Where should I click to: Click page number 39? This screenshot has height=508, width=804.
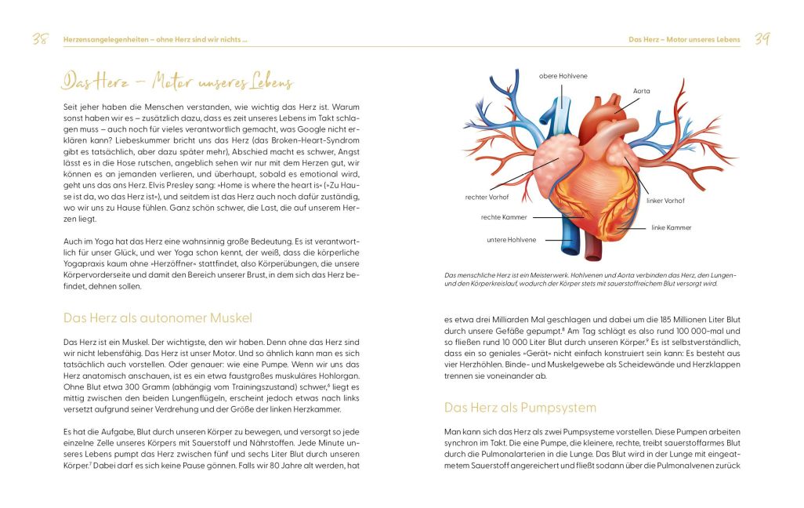762,40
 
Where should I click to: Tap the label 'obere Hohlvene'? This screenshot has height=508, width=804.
563,76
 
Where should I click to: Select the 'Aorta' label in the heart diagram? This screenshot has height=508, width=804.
643,92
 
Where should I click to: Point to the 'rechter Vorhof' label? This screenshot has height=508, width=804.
488,197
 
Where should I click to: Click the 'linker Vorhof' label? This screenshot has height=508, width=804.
665,201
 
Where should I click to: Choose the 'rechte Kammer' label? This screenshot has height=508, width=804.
504,217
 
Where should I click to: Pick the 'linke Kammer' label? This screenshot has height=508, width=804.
671,227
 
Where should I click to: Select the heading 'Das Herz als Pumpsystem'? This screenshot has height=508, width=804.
520,408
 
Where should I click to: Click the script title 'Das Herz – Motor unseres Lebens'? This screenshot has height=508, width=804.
178,83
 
